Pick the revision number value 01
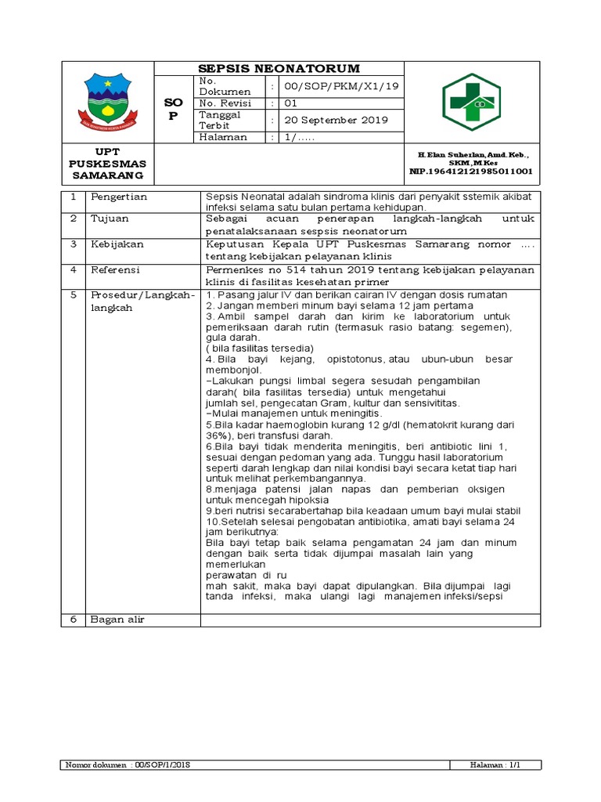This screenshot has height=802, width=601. [x=290, y=103]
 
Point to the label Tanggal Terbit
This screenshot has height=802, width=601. [x=220, y=120]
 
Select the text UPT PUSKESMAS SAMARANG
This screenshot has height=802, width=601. [x=110, y=163]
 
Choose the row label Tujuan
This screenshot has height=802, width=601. [x=109, y=219]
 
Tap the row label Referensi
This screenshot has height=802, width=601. [x=116, y=270]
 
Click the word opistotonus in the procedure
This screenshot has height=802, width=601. [x=351, y=359]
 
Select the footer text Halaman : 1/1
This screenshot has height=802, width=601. [x=501, y=764]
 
